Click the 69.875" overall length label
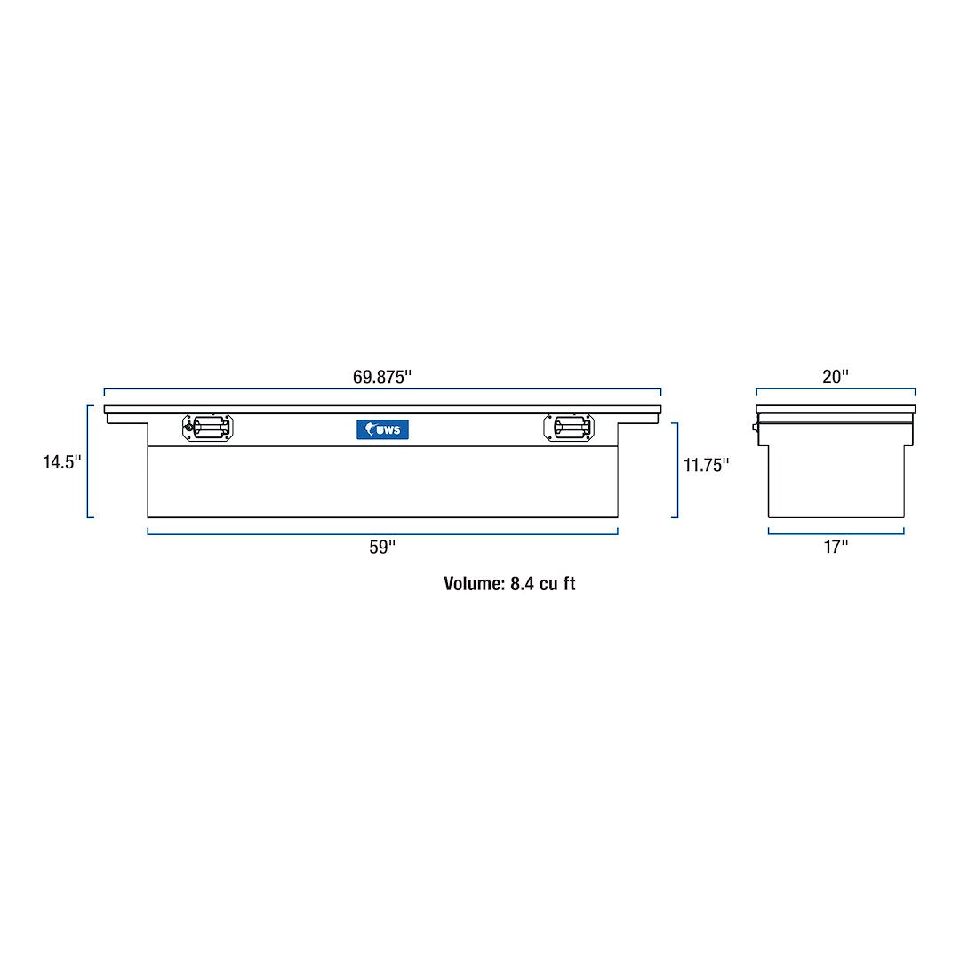(x=382, y=377)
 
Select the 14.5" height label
(x=61, y=462)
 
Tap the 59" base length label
(x=382, y=548)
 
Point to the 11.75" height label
(x=706, y=465)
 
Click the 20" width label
(x=836, y=377)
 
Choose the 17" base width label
(x=836, y=548)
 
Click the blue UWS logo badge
(x=383, y=429)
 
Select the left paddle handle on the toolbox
(x=210, y=428)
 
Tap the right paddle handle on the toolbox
(x=568, y=428)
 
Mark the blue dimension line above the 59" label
(x=382, y=534)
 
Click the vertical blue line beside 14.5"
(x=88, y=461)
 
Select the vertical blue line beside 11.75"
(x=677, y=469)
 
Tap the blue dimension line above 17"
(x=836, y=534)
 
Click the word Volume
(x=474, y=584)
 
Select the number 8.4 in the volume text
(x=521, y=584)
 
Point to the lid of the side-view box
(x=836, y=410)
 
